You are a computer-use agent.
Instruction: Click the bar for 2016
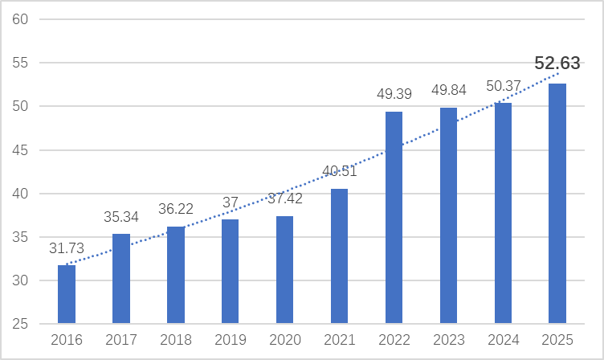pyautogui.click(x=67, y=294)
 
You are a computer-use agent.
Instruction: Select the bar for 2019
pyautogui.click(x=230, y=272)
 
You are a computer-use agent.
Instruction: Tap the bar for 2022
pyautogui.click(x=394, y=218)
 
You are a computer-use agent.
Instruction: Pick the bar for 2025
pyautogui.click(x=557, y=203)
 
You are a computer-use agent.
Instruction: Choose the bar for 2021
pyautogui.click(x=339, y=256)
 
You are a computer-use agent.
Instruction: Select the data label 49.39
pyautogui.click(x=394, y=95)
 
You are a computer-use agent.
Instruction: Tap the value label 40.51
pyautogui.click(x=339, y=171)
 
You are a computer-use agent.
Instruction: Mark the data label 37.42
pyautogui.click(x=284, y=198)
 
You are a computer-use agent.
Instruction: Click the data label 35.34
pyautogui.click(x=121, y=217)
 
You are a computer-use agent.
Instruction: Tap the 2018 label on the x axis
pyautogui.click(x=175, y=341)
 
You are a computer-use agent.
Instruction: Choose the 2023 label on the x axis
pyautogui.click(x=448, y=341)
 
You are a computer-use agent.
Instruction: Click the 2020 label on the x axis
pyautogui.click(x=284, y=341)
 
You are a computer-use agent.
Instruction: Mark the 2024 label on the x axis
pyautogui.click(x=503, y=341)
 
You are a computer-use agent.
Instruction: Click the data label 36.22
pyautogui.click(x=175, y=209)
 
